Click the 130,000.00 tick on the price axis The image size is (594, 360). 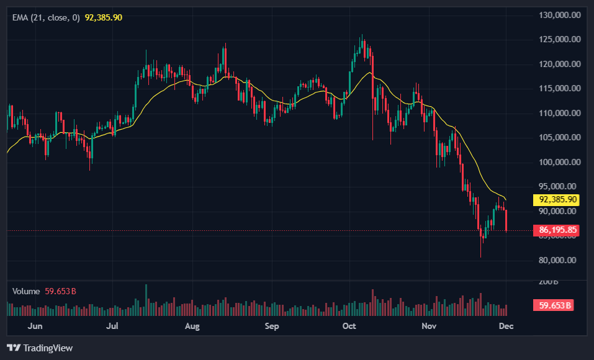click(x=559, y=15)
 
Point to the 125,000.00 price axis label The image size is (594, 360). click(x=559, y=40)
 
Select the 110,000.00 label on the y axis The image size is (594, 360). click(x=559, y=113)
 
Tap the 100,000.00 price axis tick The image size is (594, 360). click(x=559, y=162)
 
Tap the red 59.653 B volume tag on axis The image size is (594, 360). click(x=552, y=305)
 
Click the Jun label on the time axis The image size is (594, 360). click(x=35, y=326)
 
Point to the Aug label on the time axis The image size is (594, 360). click(x=192, y=326)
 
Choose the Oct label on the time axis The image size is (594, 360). click(x=349, y=326)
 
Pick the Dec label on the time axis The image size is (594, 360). click(x=506, y=326)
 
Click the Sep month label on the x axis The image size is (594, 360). click(x=272, y=326)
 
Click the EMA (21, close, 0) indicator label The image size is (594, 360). click(x=46, y=17)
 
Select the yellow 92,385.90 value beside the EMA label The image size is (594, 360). click(x=104, y=17)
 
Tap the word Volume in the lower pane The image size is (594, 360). click(x=26, y=291)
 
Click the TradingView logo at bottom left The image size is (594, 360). click(x=40, y=348)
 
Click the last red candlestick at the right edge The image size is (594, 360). click(x=506, y=220)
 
